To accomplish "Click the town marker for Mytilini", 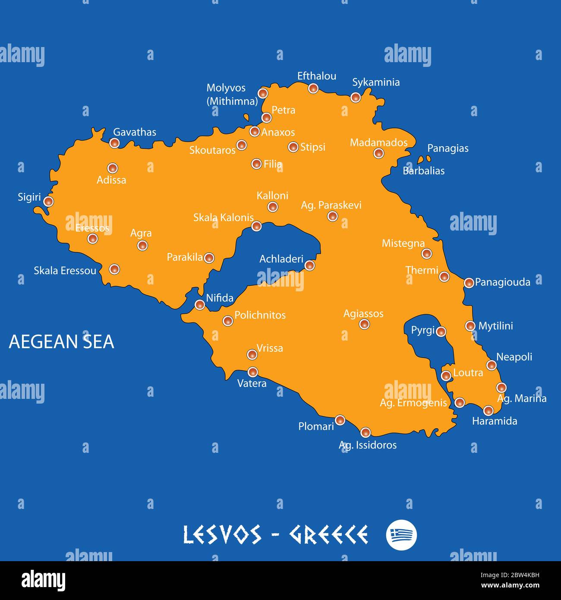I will pos(470,326).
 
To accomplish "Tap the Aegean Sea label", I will pos(61,341).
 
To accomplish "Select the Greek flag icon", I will pos(401,535).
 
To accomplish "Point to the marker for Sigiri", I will pos(49,201).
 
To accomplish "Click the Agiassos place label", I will pos(363,313).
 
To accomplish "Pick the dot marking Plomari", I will pos(340,420).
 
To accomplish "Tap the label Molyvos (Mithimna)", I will pos(231,95).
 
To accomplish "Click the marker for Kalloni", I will pos(273,207).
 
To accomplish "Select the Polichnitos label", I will pos(260,315).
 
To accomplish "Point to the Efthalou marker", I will pos(313,88).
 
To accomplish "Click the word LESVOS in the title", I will pos(222,535).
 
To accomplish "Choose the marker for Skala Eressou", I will pos(114,269).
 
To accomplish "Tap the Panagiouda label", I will pos(502,282).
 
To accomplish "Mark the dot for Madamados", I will pos(378,153).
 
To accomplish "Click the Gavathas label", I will pos(135,132).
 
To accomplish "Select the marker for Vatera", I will pos(253,372).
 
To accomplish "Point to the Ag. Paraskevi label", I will pos(331,205).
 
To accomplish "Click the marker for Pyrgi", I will pos(441,332).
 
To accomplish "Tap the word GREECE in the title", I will pos(328,535).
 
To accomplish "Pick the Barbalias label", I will pos(423,171).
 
